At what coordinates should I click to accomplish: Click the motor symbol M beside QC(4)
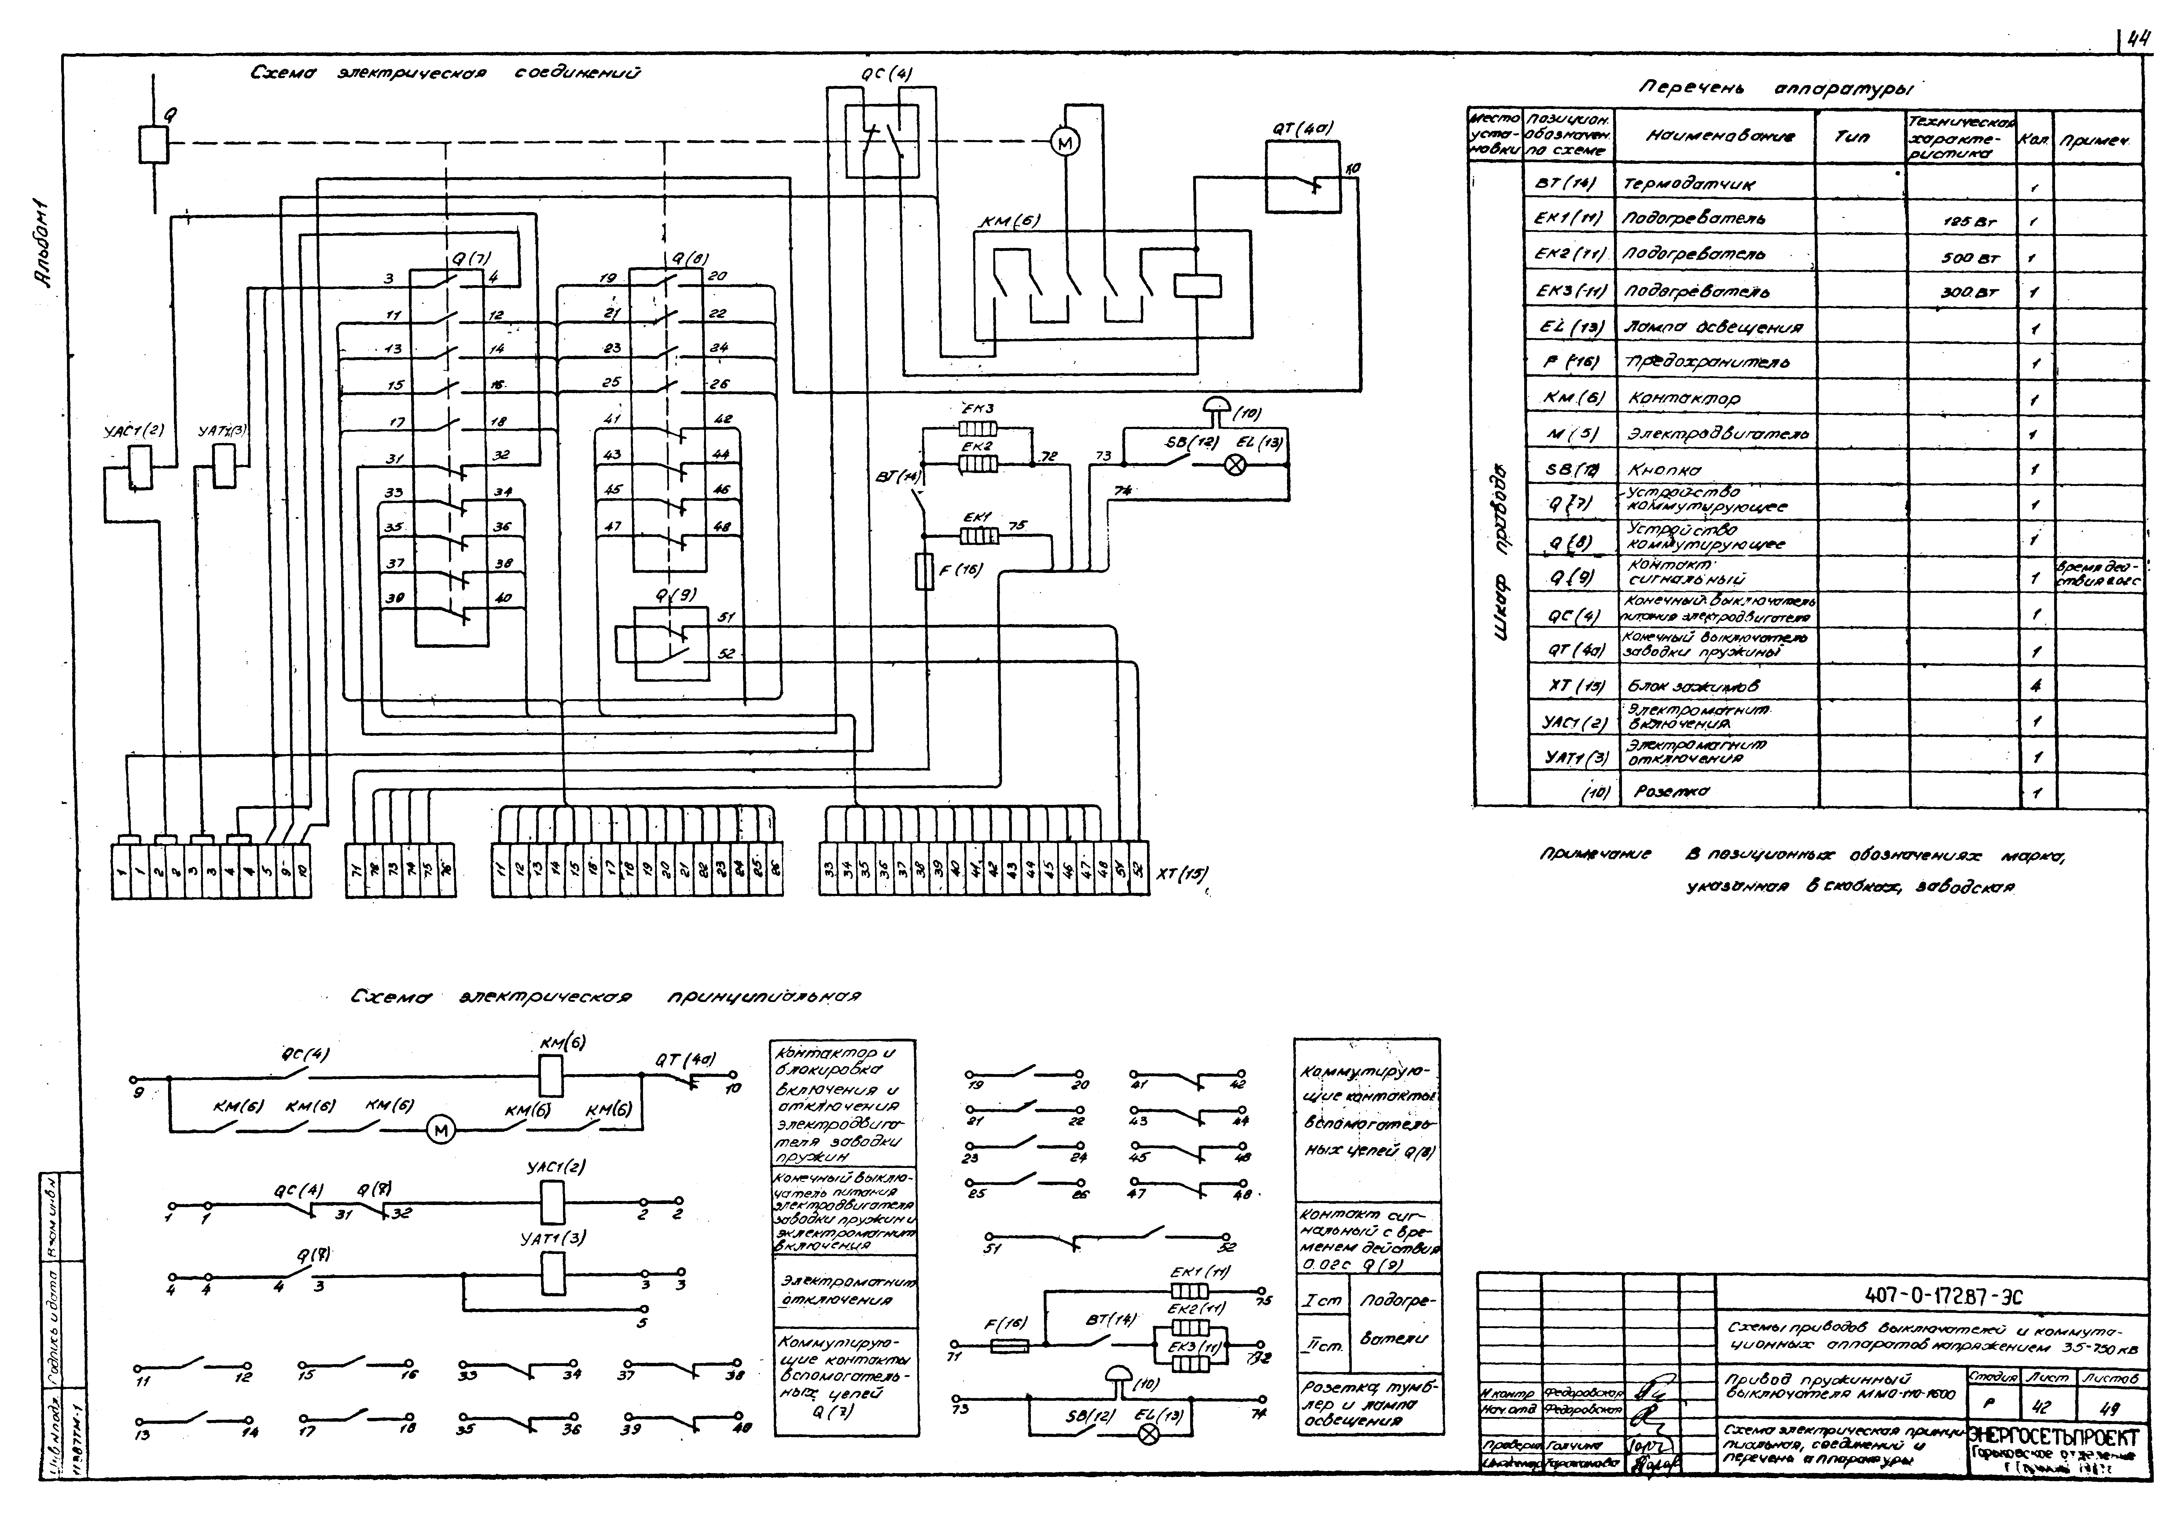pos(1065,142)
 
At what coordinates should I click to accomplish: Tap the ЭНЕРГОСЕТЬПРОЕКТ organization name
pos(2055,1437)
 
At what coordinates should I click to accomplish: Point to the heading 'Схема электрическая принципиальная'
pos(605,997)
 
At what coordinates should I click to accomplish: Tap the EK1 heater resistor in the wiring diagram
pos(979,537)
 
